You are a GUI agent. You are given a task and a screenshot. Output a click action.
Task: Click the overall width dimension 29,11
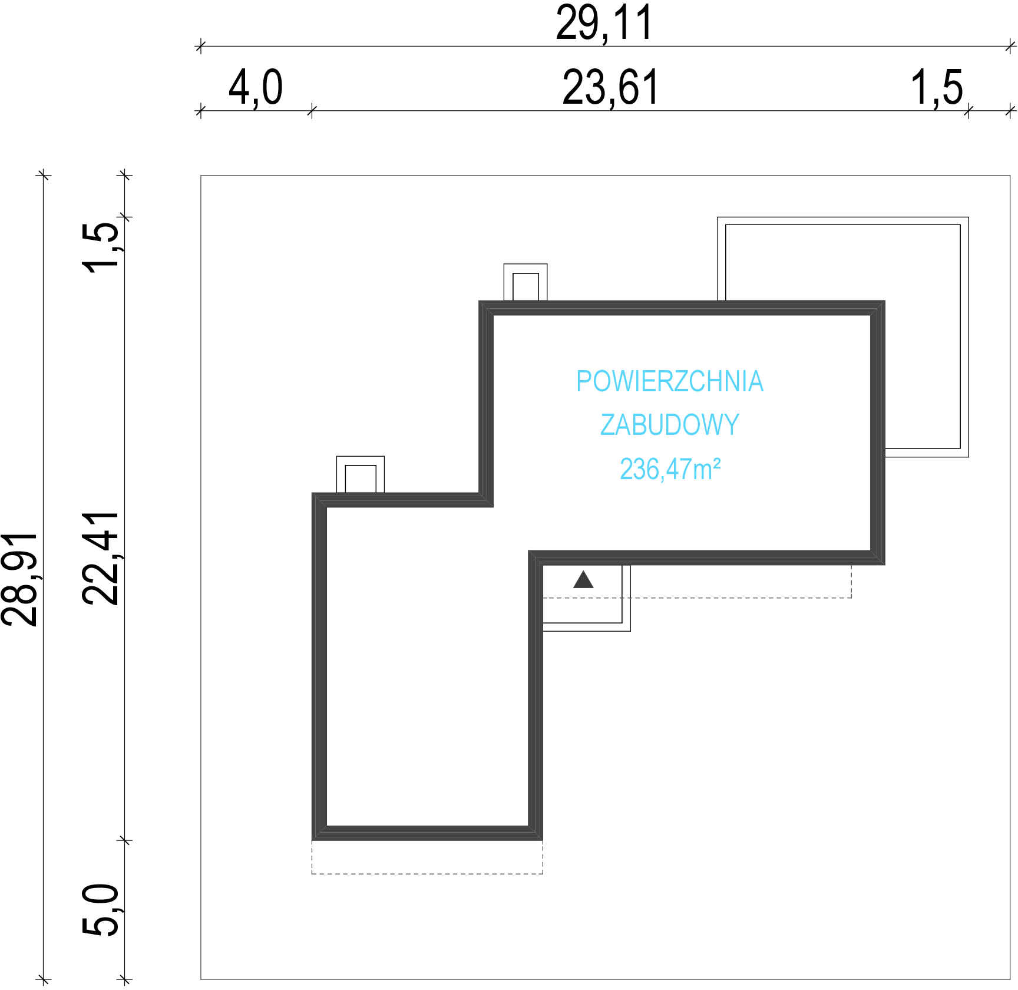pos(604,24)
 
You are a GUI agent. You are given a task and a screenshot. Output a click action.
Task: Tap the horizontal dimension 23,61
pos(610,88)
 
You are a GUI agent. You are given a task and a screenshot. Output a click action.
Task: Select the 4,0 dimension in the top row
pos(256,88)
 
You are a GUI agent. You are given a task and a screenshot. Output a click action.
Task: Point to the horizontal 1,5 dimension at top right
pos(937,88)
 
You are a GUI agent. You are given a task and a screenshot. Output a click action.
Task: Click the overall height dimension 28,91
pos(19,579)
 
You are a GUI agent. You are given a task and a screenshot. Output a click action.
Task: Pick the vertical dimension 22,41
pos(100,559)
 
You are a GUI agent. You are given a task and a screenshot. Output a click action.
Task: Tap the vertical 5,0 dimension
pos(100,910)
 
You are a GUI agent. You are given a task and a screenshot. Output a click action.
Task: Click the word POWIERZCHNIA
pos(670,381)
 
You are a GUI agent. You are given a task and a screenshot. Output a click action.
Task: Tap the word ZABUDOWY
pos(670,425)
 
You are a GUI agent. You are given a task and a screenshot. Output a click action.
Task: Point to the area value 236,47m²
pos(670,470)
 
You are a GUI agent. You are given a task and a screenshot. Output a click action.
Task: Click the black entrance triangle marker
pos(583,580)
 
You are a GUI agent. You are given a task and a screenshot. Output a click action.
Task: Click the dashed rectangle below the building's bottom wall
pos(427,873)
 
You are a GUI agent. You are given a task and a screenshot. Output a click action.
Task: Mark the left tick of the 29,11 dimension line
pos(200,46)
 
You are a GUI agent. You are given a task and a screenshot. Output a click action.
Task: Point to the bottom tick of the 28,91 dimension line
pos(43,980)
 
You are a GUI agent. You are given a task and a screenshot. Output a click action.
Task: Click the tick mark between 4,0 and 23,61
pos(312,111)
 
